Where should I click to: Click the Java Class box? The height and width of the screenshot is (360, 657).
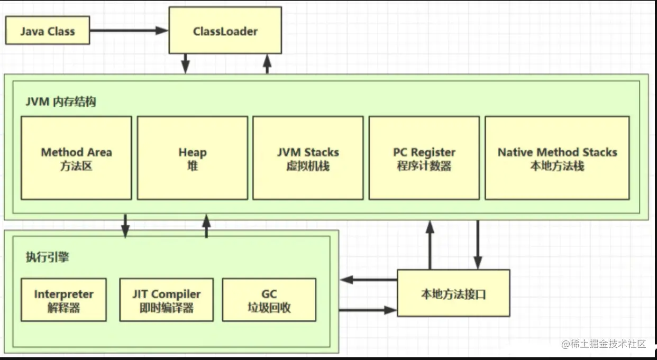click(x=48, y=31)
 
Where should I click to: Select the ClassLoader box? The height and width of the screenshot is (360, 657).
click(x=225, y=31)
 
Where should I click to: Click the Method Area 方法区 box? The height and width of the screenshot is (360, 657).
click(x=76, y=158)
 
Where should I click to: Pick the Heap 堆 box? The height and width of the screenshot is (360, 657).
click(x=192, y=158)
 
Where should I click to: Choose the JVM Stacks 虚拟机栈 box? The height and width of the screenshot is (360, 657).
click(x=308, y=158)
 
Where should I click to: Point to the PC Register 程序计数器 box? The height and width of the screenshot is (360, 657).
click(x=424, y=158)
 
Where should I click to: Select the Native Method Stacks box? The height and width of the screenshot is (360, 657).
click(x=557, y=158)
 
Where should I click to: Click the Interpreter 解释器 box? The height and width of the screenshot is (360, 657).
click(x=63, y=300)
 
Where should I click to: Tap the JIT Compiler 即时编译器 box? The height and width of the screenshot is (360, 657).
click(x=166, y=300)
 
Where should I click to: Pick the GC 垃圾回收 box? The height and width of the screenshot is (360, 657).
click(x=269, y=300)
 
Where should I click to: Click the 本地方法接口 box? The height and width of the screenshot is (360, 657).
click(x=453, y=293)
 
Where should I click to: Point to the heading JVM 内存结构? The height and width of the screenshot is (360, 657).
click(x=61, y=102)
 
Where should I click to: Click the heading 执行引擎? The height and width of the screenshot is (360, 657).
click(x=48, y=257)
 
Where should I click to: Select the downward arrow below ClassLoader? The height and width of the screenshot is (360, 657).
click(x=185, y=63)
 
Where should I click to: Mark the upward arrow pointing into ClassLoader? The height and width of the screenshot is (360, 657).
click(x=267, y=63)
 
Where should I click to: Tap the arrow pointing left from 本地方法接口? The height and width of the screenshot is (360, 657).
click(x=368, y=280)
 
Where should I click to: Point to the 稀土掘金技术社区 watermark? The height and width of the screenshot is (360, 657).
click(x=603, y=344)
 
